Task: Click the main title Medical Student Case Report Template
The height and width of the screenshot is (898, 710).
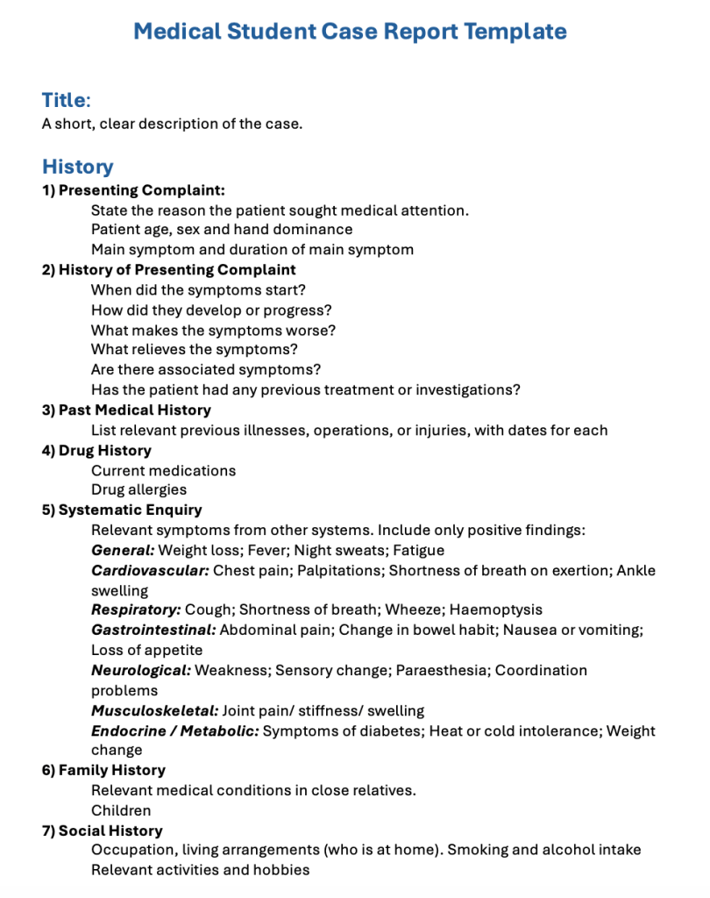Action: point(350,32)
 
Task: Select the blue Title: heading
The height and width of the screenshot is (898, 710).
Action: point(66,100)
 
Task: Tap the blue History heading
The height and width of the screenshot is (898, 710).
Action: point(77,167)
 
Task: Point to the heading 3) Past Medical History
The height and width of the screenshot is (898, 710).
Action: point(126,410)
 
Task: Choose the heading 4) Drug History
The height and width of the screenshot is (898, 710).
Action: point(96,450)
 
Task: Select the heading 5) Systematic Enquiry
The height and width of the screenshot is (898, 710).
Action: point(122,510)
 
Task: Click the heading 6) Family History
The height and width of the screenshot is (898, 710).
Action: point(103,770)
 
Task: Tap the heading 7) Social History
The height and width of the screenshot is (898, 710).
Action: point(102,830)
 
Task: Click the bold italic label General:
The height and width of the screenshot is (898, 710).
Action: point(123,551)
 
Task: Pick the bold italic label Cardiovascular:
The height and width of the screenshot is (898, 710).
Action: point(150,571)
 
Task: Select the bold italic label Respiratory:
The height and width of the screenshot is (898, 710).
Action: point(136,609)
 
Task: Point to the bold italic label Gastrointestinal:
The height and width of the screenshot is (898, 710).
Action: point(153,630)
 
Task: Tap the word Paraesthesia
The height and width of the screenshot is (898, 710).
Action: point(441,670)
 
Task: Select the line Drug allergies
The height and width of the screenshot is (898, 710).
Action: point(138,489)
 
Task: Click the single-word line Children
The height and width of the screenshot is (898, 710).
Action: point(121,810)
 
